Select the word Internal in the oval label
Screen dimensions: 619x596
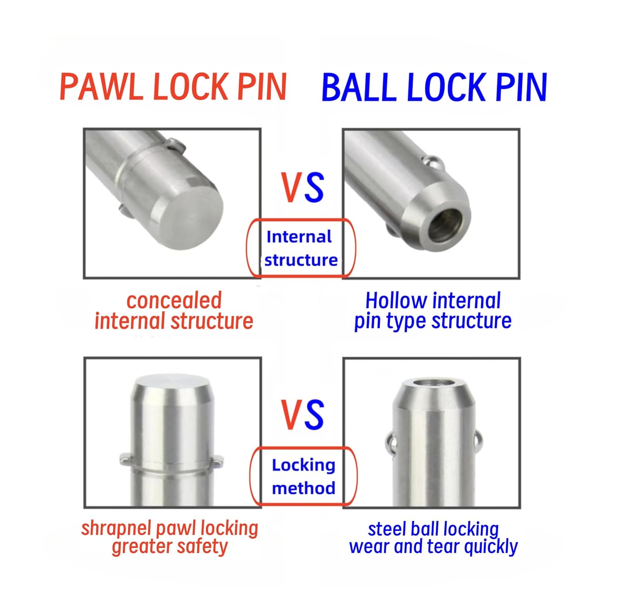point(299,237)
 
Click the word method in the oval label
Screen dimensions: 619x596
point(304,488)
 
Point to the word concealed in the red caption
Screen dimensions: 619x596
point(174,300)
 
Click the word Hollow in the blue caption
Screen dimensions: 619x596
point(397,300)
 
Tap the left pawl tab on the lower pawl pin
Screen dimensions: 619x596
point(125,459)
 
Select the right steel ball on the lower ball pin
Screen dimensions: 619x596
point(477,441)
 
